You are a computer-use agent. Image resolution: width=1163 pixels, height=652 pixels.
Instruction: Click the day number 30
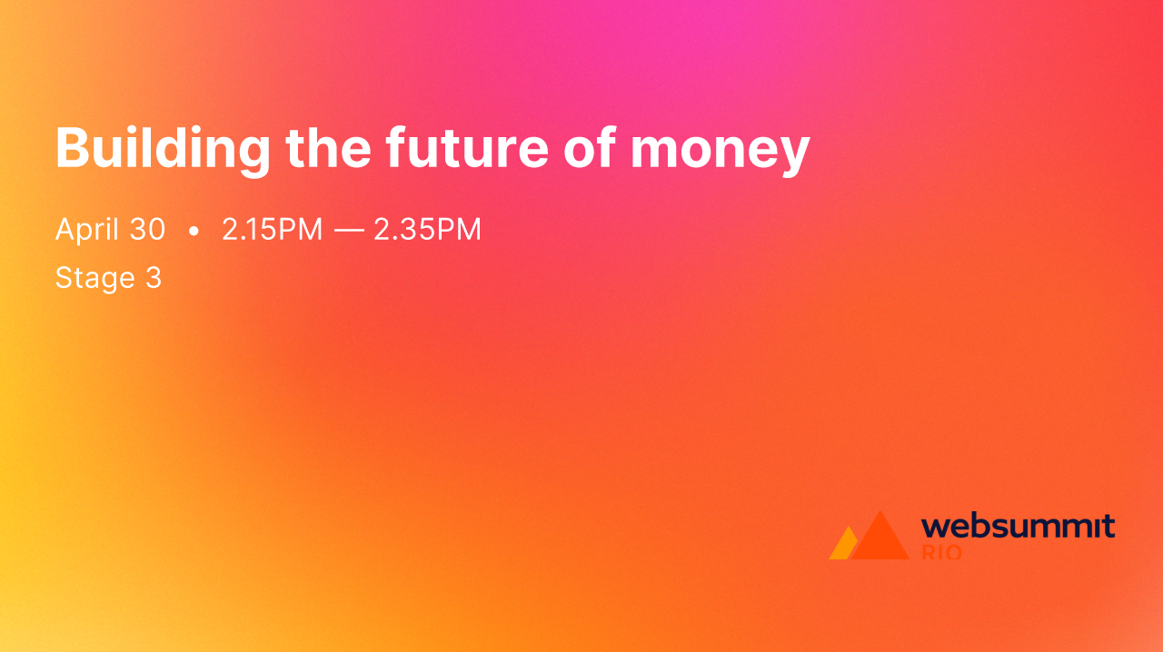point(147,230)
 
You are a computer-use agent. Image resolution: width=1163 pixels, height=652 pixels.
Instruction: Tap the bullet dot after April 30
point(194,232)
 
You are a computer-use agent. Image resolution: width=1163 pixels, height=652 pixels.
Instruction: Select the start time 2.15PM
point(272,230)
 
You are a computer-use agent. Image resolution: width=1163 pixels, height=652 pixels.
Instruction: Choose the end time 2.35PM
point(427,230)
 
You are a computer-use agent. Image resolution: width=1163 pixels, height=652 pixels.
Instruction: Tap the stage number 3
point(154,278)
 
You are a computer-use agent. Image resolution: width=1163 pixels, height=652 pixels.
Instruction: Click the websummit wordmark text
point(1018,526)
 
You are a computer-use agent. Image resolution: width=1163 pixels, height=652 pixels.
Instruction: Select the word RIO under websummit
point(941,552)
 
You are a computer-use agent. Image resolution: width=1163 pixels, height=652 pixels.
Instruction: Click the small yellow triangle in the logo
point(841,546)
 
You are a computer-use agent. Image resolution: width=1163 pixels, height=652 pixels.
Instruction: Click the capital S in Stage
point(64,278)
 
